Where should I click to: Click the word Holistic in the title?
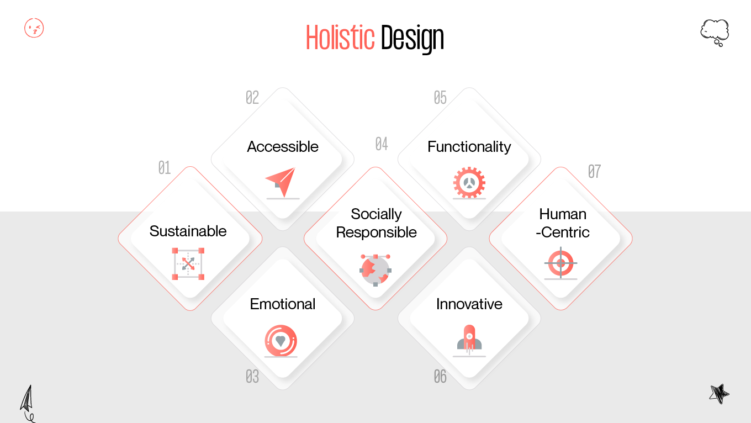point(340,38)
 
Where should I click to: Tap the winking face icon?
point(34,28)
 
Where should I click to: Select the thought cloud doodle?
point(715,32)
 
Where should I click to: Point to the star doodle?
point(719,394)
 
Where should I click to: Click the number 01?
point(165,168)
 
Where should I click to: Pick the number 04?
point(382,144)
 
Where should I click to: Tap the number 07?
point(594,172)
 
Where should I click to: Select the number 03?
point(252,377)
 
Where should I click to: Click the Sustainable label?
point(188,231)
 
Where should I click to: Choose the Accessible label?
point(283,146)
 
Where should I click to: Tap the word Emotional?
point(283,304)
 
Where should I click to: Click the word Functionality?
point(469,146)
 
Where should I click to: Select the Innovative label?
point(469,304)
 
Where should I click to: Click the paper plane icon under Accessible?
point(281,182)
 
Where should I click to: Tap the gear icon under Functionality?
point(469,182)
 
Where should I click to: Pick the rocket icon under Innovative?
point(469,339)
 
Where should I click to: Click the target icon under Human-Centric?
point(560,263)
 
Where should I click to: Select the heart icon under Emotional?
point(281,341)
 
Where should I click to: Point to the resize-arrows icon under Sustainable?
point(188,264)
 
